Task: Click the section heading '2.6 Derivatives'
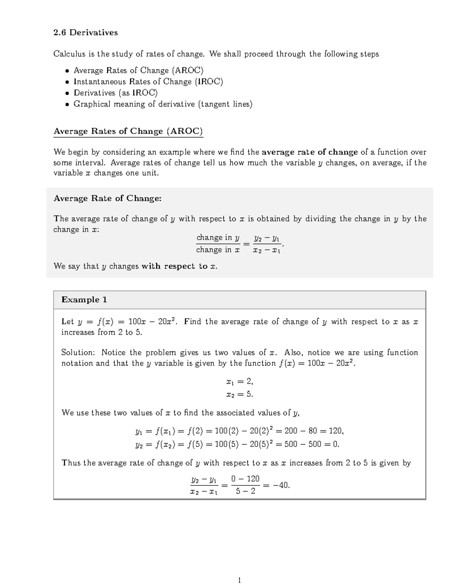pyautogui.click(x=86, y=33)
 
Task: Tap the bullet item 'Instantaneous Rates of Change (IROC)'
pyautogui.click(x=148, y=82)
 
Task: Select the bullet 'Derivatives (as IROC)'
pyautogui.click(x=116, y=93)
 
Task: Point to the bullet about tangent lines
pyautogui.click(x=163, y=104)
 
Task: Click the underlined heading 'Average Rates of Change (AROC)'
pyautogui.click(x=128, y=131)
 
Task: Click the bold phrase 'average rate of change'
pyautogui.click(x=310, y=152)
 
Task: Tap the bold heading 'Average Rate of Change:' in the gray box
pyautogui.click(x=108, y=199)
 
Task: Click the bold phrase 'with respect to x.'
pyautogui.click(x=179, y=266)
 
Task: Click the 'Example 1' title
pyautogui.click(x=84, y=300)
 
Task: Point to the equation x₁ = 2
pyautogui.click(x=239, y=382)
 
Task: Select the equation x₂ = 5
pyautogui.click(x=239, y=394)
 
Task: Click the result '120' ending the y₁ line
pyautogui.click(x=335, y=431)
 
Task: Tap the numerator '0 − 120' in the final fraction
pyautogui.click(x=245, y=479)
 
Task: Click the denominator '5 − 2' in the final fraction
pyautogui.click(x=245, y=491)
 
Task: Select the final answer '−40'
pyautogui.click(x=281, y=485)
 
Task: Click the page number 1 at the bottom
pyautogui.click(x=239, y=580)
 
